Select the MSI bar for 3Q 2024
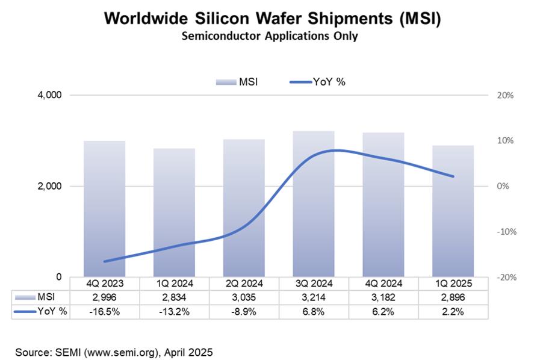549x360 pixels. [x=314, y=205]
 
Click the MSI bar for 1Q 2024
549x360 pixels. [x=174, y=214]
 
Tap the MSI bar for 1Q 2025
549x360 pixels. [x=453, y=212]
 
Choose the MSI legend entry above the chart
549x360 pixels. [x=236, y=82]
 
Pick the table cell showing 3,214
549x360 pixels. [x=314, y=297]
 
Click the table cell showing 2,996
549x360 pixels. [x=105, y=297]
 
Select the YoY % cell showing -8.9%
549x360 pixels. [x=244, y=311]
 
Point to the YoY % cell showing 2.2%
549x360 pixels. [x=453, y=311]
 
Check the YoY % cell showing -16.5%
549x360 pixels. [x=105, y=311]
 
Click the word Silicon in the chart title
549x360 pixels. [x=237, y=18]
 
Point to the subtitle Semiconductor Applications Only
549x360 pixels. [x=274, y=36]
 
